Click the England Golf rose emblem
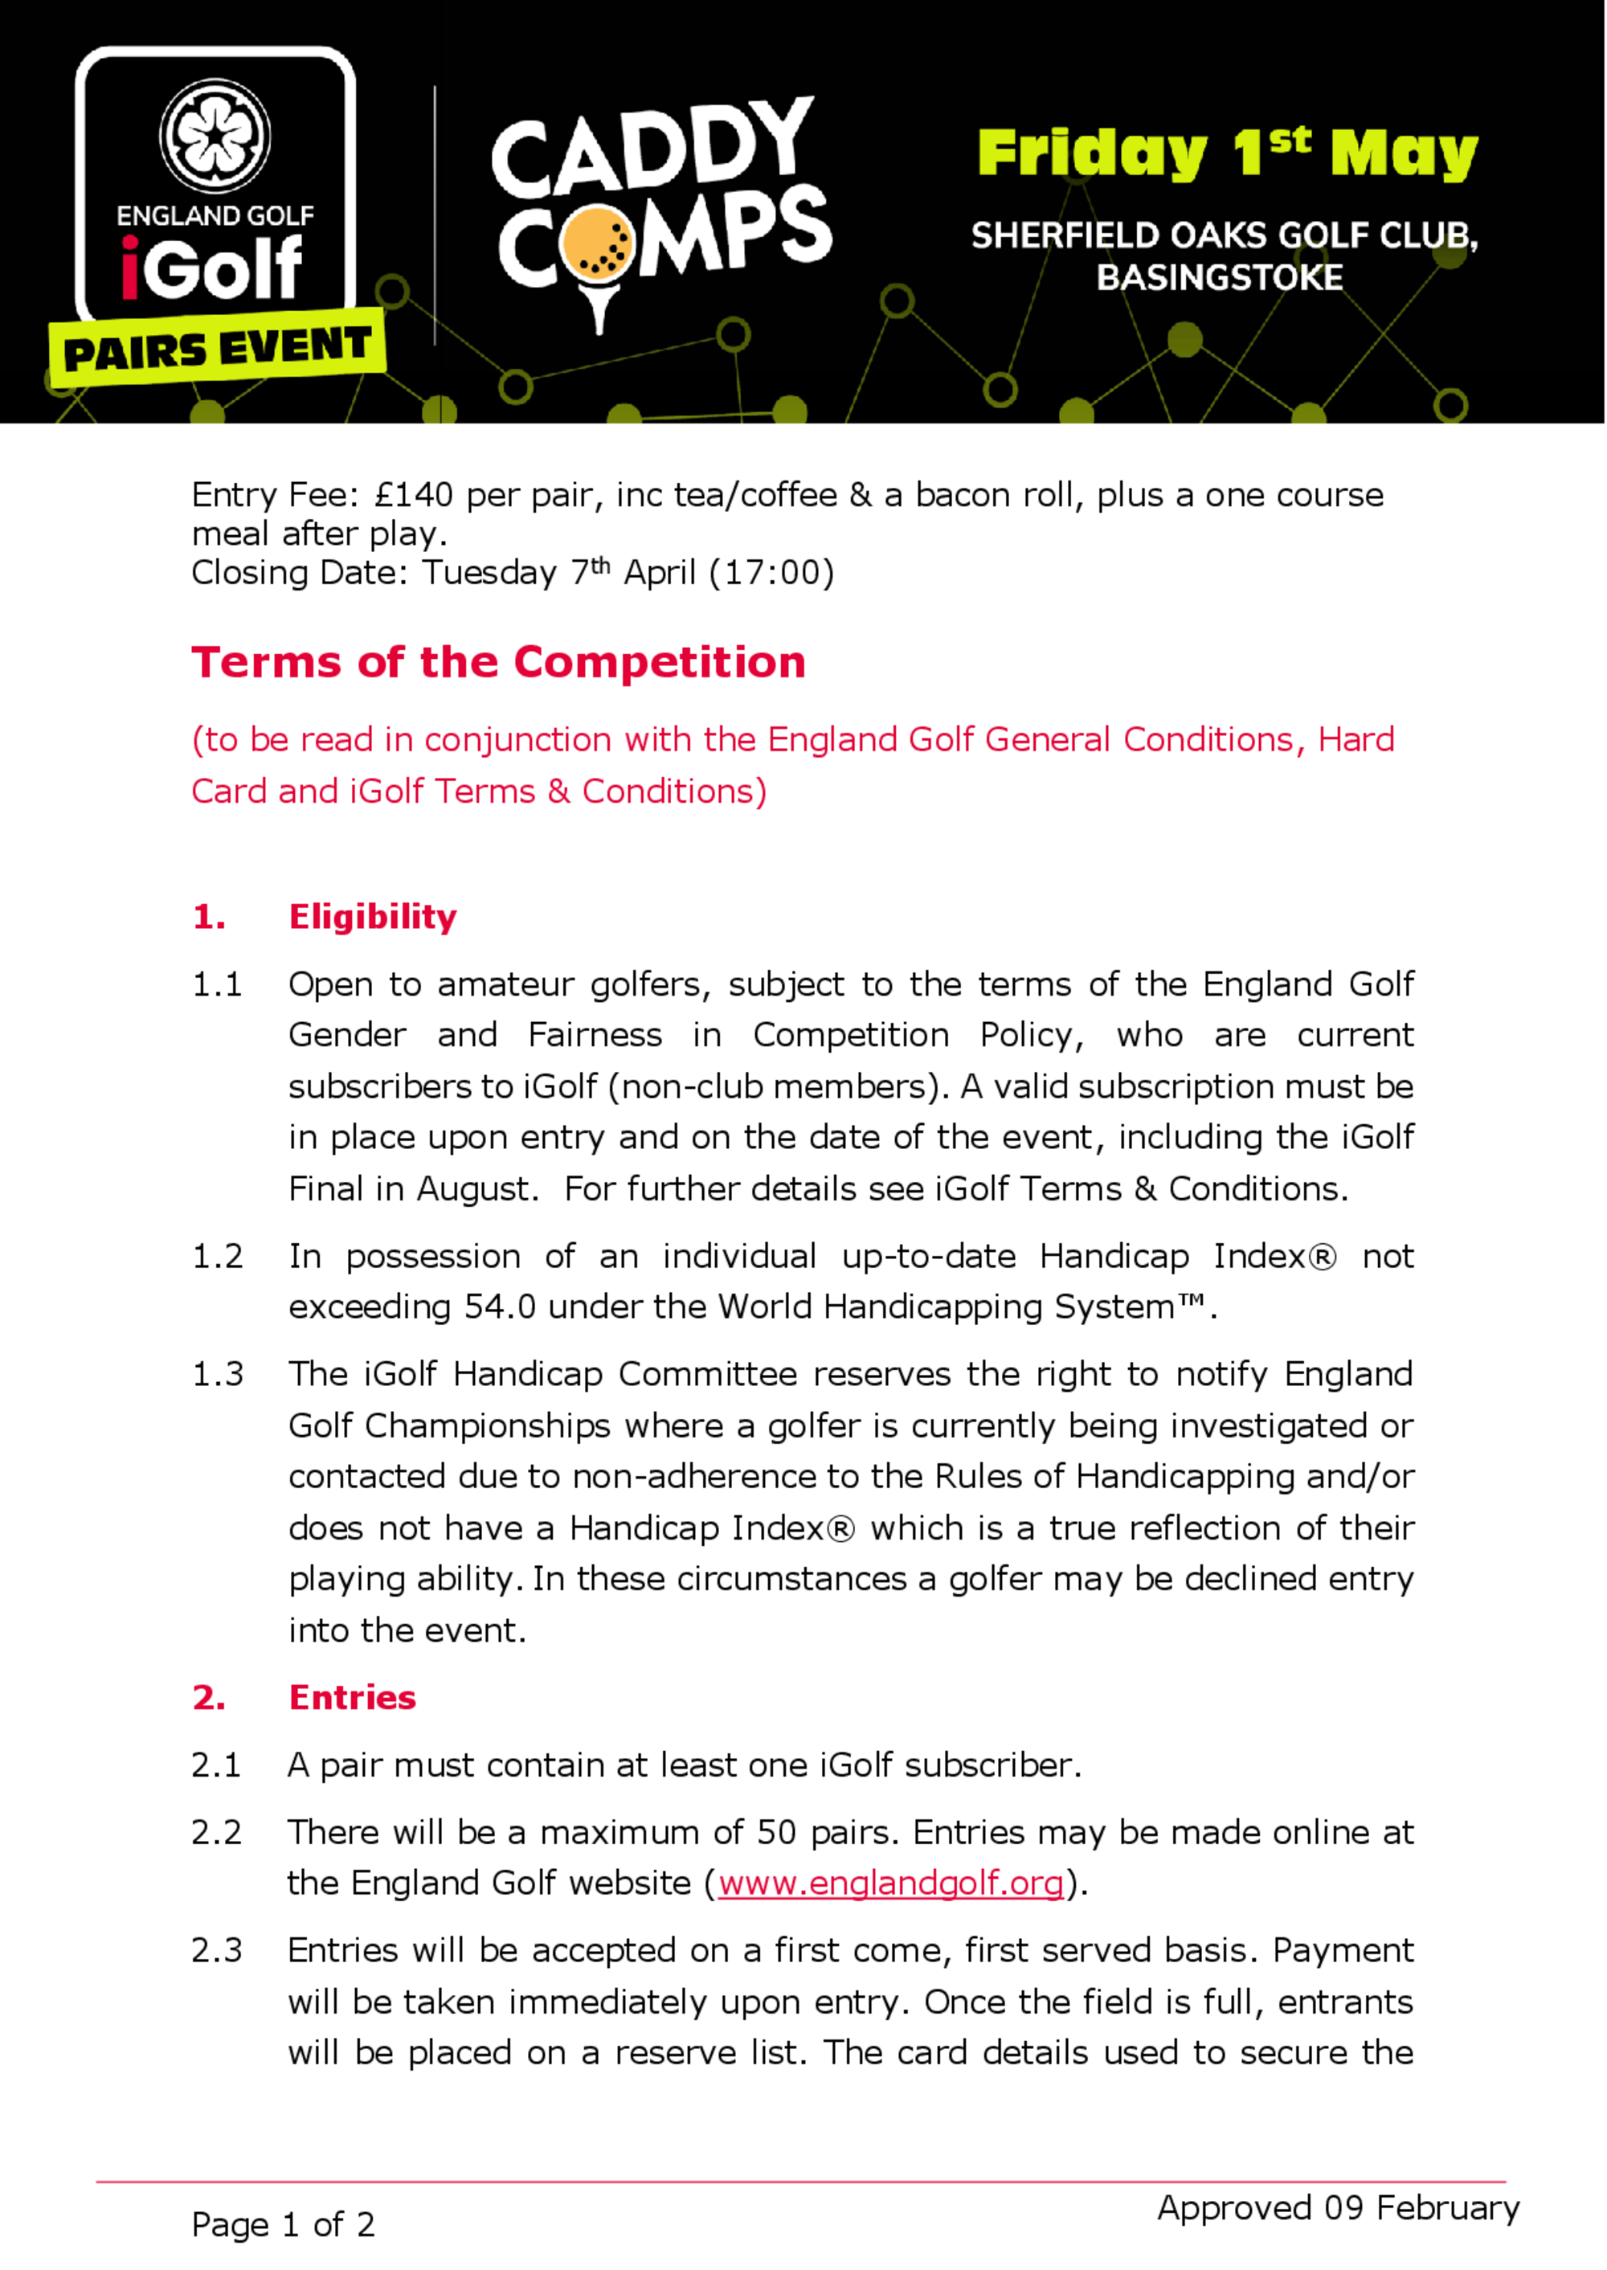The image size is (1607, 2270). [x=215, y=137]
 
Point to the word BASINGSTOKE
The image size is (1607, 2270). [x=1219, y=278]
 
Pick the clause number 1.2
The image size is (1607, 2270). [x=217, y=1256]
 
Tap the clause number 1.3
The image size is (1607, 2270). [x=217, y=1375]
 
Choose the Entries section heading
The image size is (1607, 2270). [x=352, y=1698]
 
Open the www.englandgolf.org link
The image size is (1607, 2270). [x=890, y=1883]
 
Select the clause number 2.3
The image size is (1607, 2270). [x=217, y=1950]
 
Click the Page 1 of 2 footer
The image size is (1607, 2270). [x=283, y=2224]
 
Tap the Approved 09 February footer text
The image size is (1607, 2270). [x=1338, y=2207]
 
